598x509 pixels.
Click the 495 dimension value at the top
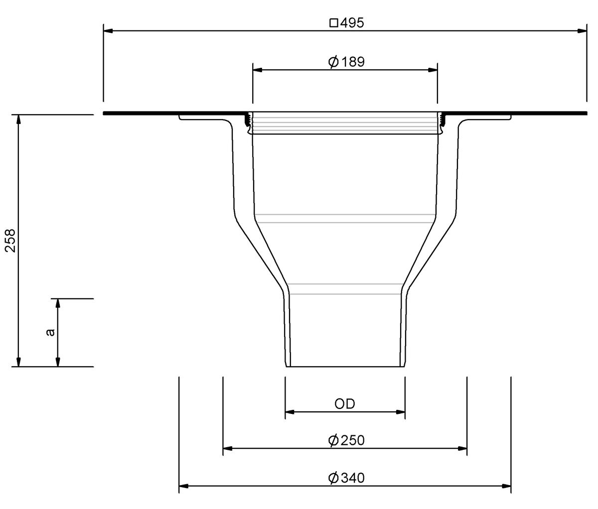[352, 23]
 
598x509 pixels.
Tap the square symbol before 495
[334, 23]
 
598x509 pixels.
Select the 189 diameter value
[353, 62]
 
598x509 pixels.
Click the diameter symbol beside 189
[333, 62]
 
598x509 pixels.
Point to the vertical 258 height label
[10, 241]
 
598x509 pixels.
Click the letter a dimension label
[50, 332]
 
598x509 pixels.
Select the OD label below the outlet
[344, 404]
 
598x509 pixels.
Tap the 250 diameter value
[353, 440]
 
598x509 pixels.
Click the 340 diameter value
[353, 478]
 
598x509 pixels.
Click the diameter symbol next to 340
[333, 478]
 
